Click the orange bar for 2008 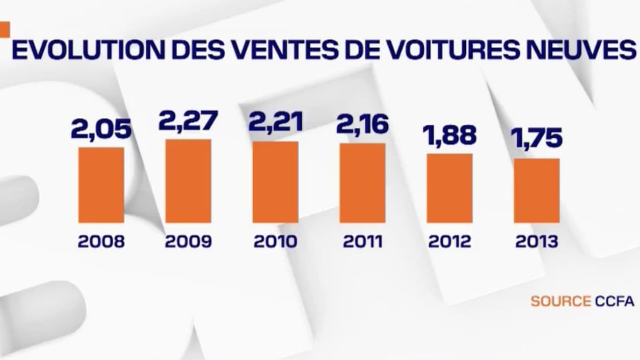click(101, 185)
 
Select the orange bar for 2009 click(188, 181)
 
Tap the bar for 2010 click(275, 182)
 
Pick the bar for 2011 click(362, 183)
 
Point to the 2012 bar click(449, 188)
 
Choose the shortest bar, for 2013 click(537, 190)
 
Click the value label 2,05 click(101, 129)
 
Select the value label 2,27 click(188, 121)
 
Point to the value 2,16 click(362, 125)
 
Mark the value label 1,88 click(449, 135)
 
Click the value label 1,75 click(537, 139)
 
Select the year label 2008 click(101, 241)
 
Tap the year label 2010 click(275, 241)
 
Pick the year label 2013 click(537, 241)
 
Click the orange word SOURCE click(561, 301)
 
